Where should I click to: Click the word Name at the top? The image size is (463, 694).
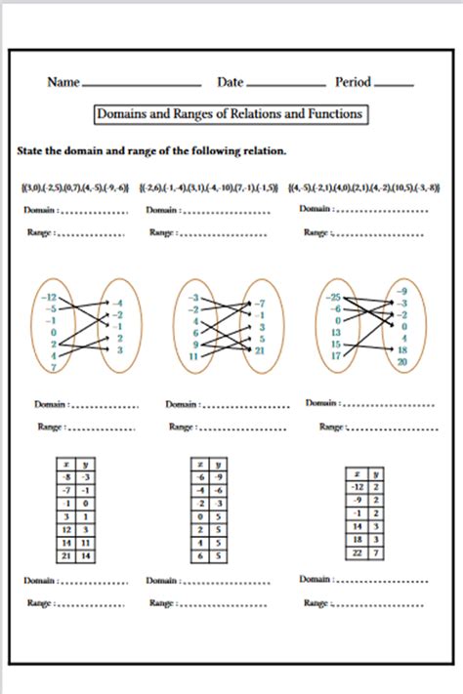click(63, 83)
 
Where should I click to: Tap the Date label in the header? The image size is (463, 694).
click(231, 83)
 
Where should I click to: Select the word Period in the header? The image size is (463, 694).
click(354, 83)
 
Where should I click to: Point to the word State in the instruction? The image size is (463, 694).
click(31, 151)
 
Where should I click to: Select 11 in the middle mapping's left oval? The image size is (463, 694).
click(194, 357)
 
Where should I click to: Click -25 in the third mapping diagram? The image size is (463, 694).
click(334, 297)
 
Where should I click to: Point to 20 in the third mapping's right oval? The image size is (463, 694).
click(402, 361)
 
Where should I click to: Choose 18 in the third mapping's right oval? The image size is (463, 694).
click(402, 349)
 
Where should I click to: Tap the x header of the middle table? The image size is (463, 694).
click(200, 465)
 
